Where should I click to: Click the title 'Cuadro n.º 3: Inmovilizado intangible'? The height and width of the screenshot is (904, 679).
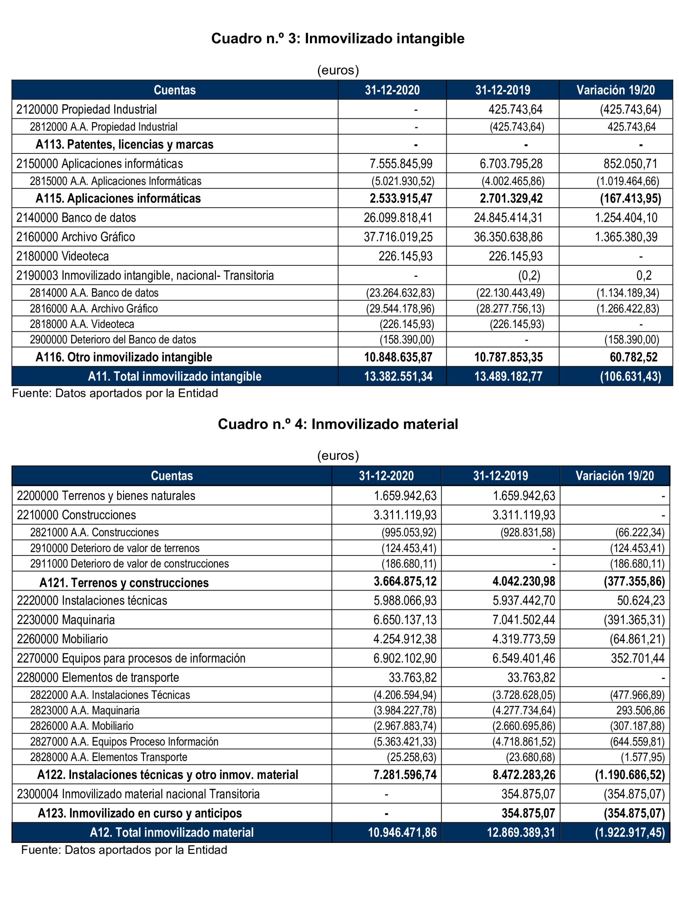(x=338, y=38)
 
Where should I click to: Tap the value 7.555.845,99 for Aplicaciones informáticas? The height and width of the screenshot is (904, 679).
(x=401, y=163)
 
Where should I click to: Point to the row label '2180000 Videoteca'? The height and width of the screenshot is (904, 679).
(x=63, y=256)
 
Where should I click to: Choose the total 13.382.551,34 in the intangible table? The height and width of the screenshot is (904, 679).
(x=398, y=376)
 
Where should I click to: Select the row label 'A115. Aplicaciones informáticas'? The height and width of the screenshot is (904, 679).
(x=118, y=199)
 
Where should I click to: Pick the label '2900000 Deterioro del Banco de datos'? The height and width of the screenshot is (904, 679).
(x=113, y=340)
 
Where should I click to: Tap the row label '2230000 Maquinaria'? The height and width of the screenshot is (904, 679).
(x=66, y=620)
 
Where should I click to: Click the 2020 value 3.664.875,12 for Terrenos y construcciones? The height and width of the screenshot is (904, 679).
(x=405, y=581)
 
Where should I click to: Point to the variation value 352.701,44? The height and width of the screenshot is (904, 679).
(x=638, y=658)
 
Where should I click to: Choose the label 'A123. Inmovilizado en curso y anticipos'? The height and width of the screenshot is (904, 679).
(x=140, y=813)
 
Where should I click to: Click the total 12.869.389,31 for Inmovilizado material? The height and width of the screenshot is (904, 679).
(x=521, y=832)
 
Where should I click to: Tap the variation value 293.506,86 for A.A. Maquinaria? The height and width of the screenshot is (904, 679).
(x=640, y=710)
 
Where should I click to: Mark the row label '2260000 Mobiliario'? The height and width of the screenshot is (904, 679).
(x=63, y=639)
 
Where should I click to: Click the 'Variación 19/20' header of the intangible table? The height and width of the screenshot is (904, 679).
(x=615, y=90)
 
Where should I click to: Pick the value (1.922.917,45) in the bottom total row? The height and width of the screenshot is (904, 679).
(x=629, y=832)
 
